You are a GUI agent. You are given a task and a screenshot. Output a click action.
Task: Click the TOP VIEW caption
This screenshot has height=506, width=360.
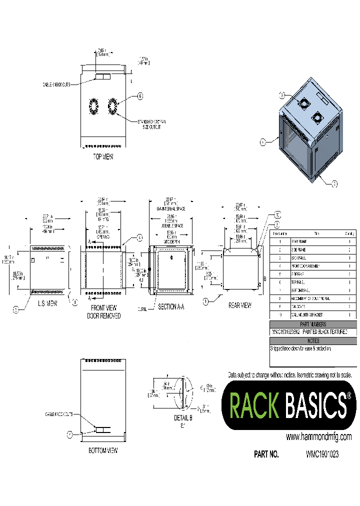(103, 157)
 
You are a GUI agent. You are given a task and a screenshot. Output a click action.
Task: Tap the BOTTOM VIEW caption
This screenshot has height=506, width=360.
(103, 450)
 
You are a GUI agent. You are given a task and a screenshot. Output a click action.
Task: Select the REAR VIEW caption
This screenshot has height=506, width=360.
(239, 305)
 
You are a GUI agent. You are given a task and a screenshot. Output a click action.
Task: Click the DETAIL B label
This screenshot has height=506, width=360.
(183, 417)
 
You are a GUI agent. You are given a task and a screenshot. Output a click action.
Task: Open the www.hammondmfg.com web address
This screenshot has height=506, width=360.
(318, 436)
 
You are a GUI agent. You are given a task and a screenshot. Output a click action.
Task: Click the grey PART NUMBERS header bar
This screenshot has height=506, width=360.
(313, 324)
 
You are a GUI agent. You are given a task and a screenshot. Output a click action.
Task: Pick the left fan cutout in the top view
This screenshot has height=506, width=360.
(93, 107)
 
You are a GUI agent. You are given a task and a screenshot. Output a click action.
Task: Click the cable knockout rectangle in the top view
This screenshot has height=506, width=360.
(103, 76)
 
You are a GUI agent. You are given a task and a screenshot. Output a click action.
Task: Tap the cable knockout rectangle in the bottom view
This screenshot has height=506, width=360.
(103, 430)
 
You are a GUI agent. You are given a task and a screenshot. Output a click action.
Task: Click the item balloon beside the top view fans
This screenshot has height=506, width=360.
(140, 96)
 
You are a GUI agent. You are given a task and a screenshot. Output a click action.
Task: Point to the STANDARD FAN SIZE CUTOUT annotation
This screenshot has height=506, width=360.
(151, 124)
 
